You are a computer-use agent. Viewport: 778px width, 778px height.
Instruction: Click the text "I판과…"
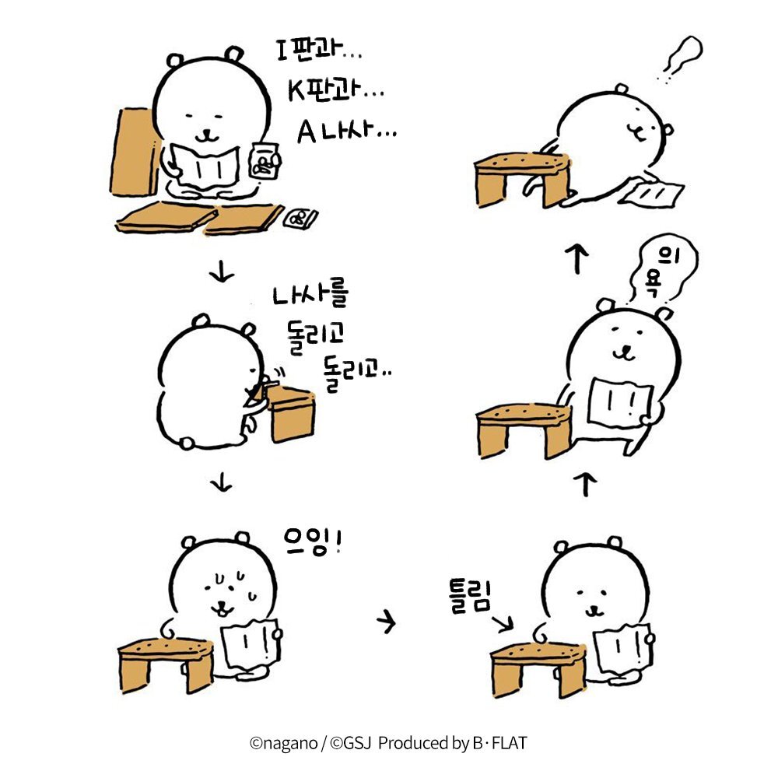point(318,50)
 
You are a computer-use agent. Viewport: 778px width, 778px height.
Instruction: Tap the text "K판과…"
point(335,91)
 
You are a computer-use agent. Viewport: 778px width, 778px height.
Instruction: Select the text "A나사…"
point(346,132)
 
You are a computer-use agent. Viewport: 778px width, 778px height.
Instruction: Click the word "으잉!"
point(313,541)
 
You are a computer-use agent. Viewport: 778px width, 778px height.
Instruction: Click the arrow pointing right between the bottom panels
point(386,621)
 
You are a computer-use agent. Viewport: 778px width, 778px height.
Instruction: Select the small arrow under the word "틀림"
point(502,624)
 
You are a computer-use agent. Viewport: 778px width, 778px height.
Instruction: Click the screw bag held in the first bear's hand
point(265,161)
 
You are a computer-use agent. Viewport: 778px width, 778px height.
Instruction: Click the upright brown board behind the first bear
point(134,152)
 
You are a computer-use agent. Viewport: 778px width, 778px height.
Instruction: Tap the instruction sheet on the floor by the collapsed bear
point(652,191)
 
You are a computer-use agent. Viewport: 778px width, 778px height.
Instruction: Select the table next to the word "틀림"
point(538,668)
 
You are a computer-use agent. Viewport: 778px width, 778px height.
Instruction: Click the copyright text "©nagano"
point(283,743)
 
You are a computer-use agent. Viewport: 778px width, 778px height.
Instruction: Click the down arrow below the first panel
point(221,271)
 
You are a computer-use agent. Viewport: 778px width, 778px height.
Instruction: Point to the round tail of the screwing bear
point(187,443)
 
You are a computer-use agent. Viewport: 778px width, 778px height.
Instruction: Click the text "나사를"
point(310,294)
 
